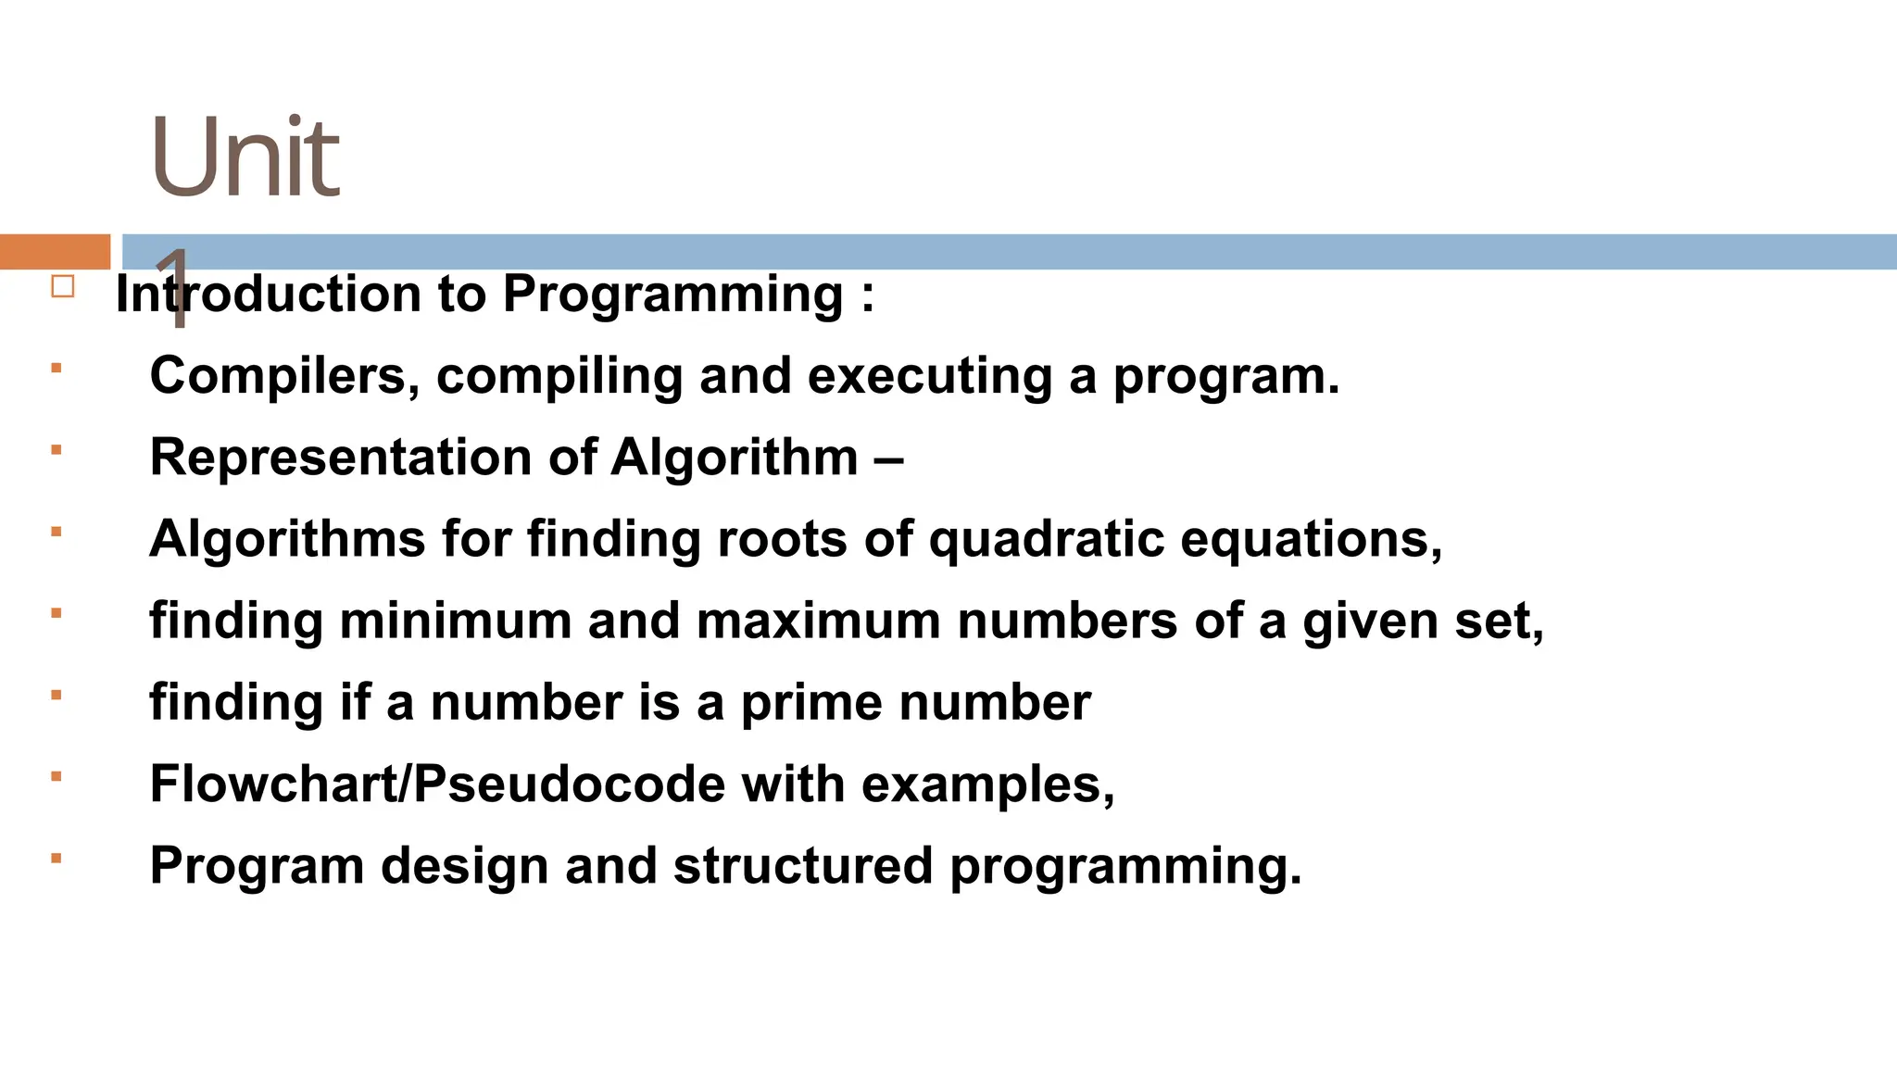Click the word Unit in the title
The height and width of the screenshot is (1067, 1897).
pyautogui.click(x=245, y=157)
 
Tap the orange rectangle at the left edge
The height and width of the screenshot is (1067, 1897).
pyautogui.click(x=55, y=252)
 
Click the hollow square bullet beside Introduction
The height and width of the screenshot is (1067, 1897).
pyautogui.click(x=63, y=286)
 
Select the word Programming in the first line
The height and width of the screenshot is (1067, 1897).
pyautogui.click(x=673, y=295)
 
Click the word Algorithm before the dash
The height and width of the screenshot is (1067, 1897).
pyautogui.click(x=735, y=458)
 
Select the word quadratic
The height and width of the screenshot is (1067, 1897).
pyautogui.click(x=1047, y=539)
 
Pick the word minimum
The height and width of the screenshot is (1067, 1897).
pyautogui.click(x=456, y=621)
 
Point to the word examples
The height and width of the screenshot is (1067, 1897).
pyautogui.click(x=988, y=785)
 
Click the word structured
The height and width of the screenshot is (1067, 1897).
pyautogui.click(x=802, y=866)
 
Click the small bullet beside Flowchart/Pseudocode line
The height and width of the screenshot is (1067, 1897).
pyautogui.click(x=57, y=777)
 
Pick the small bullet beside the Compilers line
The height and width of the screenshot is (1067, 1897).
pyautogui.click(x=57, y=369)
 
